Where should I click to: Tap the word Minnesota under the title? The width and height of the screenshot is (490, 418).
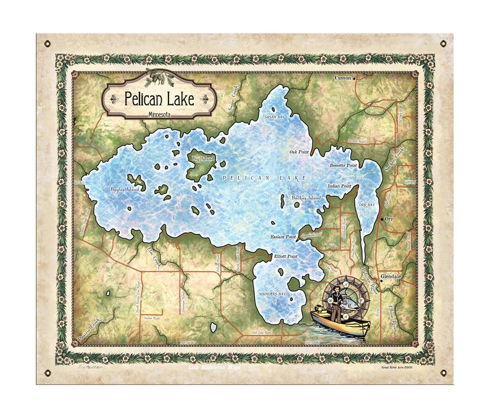coord(160,115)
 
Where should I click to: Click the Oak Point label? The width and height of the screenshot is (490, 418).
coord(299,151)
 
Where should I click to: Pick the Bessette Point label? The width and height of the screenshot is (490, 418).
coord(343,166)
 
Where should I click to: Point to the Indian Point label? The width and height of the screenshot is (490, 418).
coord(339,186)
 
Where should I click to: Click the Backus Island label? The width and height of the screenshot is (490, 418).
coord(306,198)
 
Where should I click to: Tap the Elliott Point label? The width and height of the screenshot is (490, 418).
coord(286,255)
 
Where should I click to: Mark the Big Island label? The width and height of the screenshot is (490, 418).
coord(202,159)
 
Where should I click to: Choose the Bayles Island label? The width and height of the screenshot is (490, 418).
coord(125,189)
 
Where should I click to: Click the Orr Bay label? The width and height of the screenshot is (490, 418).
coord(367,205)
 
